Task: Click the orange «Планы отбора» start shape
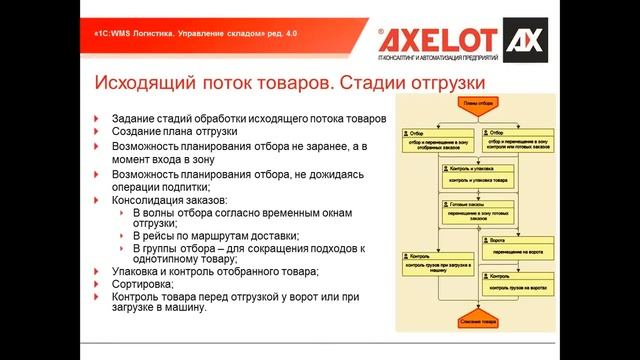(476, 102)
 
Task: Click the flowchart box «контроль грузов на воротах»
(517, 283)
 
